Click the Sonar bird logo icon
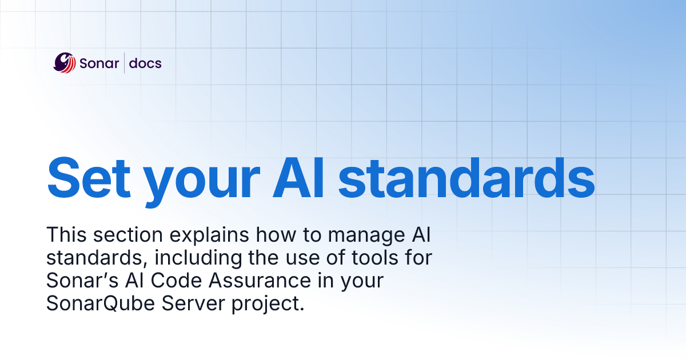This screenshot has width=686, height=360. (65, 63)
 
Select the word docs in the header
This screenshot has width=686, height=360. (145, 63)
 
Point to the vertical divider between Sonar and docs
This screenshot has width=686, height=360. (124, 63)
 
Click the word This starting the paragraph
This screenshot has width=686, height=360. (65, 235)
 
